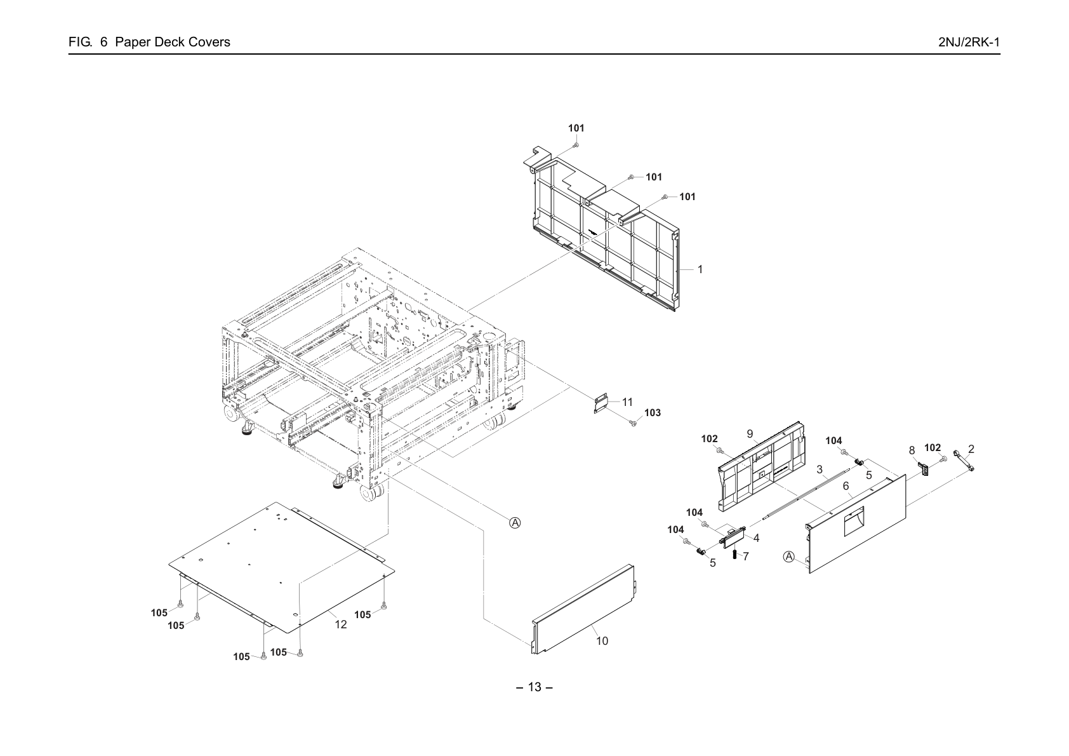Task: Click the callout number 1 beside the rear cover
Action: [x=700, y=269]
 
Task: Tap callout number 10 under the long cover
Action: [x=602, y=641]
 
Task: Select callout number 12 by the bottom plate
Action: [x=341, y=624]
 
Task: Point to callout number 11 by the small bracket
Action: [x=627, y=402]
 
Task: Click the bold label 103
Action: [x=653, y=413]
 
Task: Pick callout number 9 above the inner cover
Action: [x=750, y=434]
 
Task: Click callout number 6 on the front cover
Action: [x=846, y=486]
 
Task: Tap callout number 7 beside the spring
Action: [x=745, y=557]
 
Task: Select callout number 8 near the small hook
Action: [x=912, y=450]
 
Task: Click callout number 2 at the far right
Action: [x=971, y=449]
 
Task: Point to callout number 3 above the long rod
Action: [x=820, y=469]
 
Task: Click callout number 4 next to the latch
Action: [x=756, y=537]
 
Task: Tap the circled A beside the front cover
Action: [x=789, y=557]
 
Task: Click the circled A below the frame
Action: [x=515, y=523]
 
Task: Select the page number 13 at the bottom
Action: [x=534, y=687]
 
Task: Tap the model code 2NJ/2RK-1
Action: [x=969, y=42]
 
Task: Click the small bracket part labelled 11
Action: [x=601, y=403]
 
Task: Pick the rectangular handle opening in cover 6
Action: [x=854, y=522]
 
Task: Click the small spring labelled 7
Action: [x=734, y=555]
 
